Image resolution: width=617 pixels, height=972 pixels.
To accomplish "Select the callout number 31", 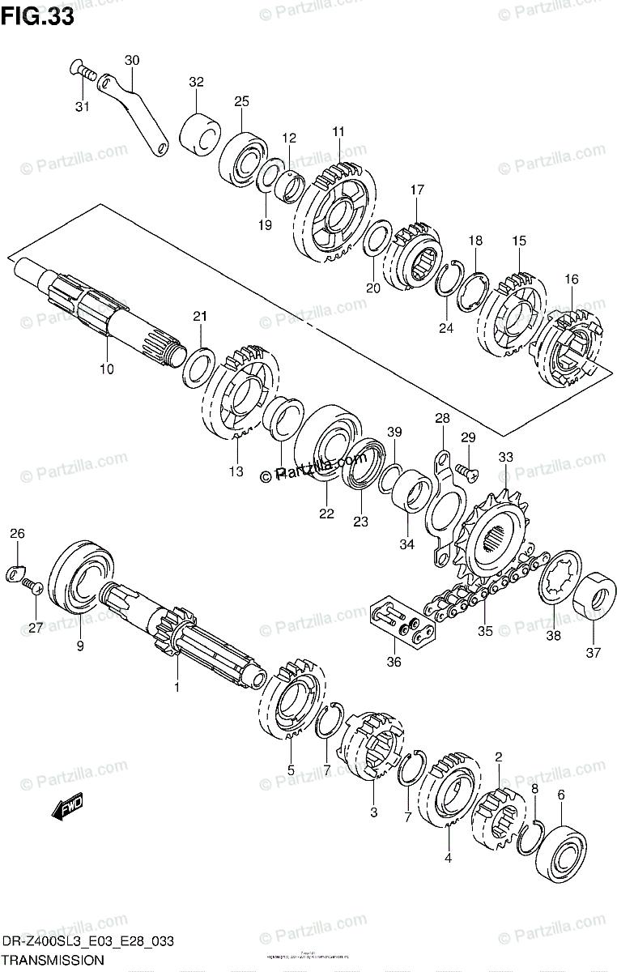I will point(83,107).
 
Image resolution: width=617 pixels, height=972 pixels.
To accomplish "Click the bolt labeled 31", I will point(79,70).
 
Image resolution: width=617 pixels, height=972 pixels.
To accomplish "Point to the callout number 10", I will point(107,369).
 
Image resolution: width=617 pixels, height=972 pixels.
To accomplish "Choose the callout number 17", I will point(416,190).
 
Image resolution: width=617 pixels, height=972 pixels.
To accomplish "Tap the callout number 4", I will point(446,857).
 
